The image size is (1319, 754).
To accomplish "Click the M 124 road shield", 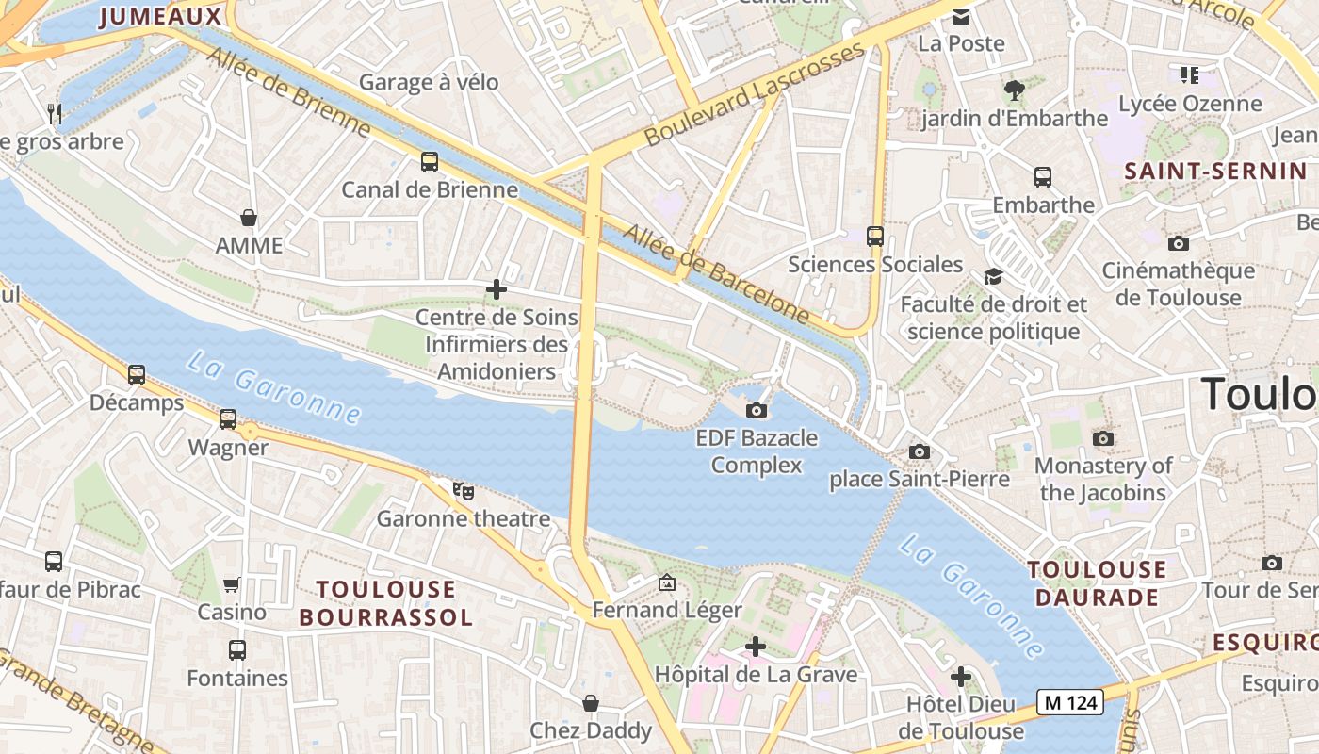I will click(1069, 701).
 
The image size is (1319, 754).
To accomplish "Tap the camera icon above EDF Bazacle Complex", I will click(756, 410).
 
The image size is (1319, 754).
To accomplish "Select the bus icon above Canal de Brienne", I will click(430, 162).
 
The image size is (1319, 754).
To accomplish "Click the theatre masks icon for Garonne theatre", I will click(463, 491).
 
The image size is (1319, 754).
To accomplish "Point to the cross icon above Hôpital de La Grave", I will click(755, 647).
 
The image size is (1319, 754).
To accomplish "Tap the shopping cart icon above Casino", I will click(232, 585).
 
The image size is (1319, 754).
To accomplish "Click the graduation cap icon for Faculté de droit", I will click(993, 276).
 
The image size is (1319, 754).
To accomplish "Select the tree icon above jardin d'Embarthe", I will click(1014, 90).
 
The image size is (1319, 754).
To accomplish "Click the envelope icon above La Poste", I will click(961, 17).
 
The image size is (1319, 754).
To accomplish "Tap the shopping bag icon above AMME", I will click(249, 219).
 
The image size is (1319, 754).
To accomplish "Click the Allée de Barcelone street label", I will click(716, 273).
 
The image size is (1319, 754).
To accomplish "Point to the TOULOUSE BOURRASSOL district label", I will click(385, 603).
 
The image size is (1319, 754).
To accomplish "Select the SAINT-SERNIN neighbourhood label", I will click(1215, 172).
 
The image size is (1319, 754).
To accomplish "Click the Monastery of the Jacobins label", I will click(1102, 479).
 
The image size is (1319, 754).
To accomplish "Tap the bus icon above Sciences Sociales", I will click(875, 237).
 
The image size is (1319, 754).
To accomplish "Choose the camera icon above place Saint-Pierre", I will click(920, 452).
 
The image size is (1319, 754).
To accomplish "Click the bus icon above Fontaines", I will click(237, 650).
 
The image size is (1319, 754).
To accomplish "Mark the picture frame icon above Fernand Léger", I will click(667, 583).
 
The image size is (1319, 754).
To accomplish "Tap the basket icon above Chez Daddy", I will click(591, 703).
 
